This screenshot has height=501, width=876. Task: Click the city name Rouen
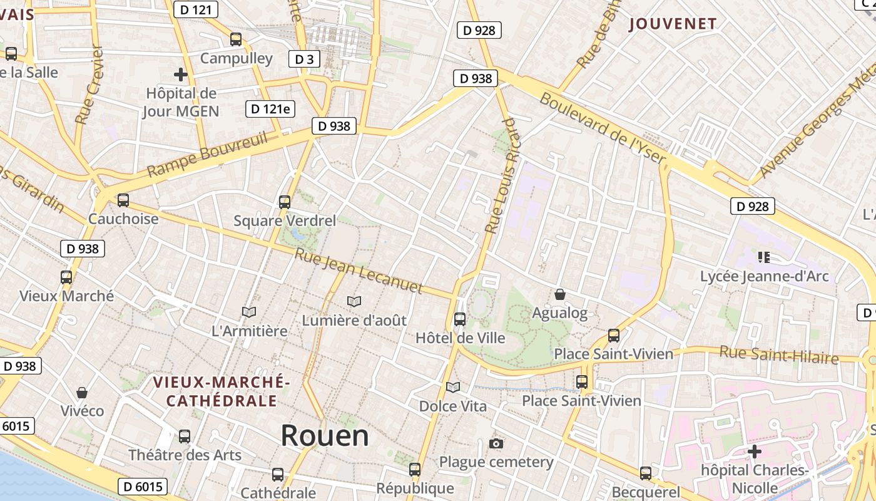[x=325, y=435]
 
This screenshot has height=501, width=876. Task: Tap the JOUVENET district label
[x=673, y=24]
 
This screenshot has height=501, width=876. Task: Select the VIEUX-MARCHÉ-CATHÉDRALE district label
[x=222, y=391]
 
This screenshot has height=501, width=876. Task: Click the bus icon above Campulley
[x=236, y=39]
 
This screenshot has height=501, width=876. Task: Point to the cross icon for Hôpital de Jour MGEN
[x=181, y=75]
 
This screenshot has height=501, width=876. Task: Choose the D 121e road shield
[x=270, y=108]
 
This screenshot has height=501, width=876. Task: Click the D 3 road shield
[x=304, y=59]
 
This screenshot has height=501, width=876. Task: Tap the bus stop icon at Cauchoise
[x=123, y=200]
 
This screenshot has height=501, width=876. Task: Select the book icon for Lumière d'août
[x=354, y=302]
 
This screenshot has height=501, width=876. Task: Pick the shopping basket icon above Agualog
[x=560, y=294]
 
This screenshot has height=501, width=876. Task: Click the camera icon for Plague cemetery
[x=496, y=443]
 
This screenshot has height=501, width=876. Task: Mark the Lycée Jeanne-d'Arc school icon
[x=763, y=257]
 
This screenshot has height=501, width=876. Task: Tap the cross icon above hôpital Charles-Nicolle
[x=755, y=451]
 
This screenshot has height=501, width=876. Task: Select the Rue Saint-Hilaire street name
[x=778, y=354]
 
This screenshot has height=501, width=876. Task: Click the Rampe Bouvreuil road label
[x=207, y=154]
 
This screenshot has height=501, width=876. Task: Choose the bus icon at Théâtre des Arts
[x=184, y=436]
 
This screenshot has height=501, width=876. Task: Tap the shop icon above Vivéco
[x=82, y=393]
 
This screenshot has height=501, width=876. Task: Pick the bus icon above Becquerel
[x=646, y=473]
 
